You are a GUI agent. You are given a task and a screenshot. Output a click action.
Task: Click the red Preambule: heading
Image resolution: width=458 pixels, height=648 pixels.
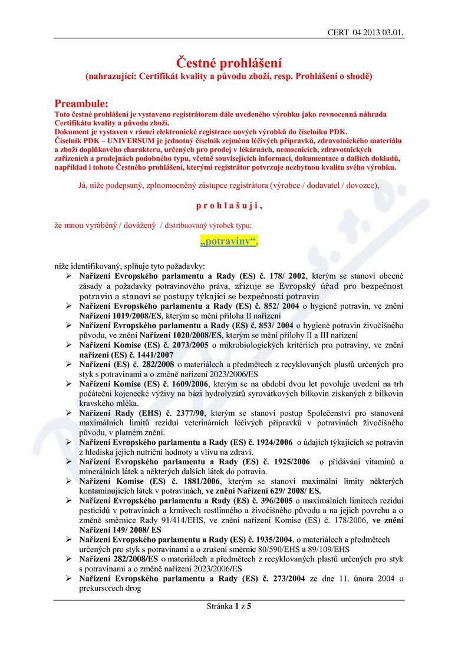[81, 103]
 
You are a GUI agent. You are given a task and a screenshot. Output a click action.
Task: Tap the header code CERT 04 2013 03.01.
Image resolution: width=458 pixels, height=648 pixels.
[365, 32]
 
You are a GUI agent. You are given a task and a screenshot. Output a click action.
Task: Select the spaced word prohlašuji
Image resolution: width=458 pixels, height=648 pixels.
[229, 206]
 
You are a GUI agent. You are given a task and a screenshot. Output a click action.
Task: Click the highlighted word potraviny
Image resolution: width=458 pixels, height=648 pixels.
[229, 242]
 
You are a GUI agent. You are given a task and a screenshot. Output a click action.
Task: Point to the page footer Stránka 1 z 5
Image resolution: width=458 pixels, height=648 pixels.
[229, 605]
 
